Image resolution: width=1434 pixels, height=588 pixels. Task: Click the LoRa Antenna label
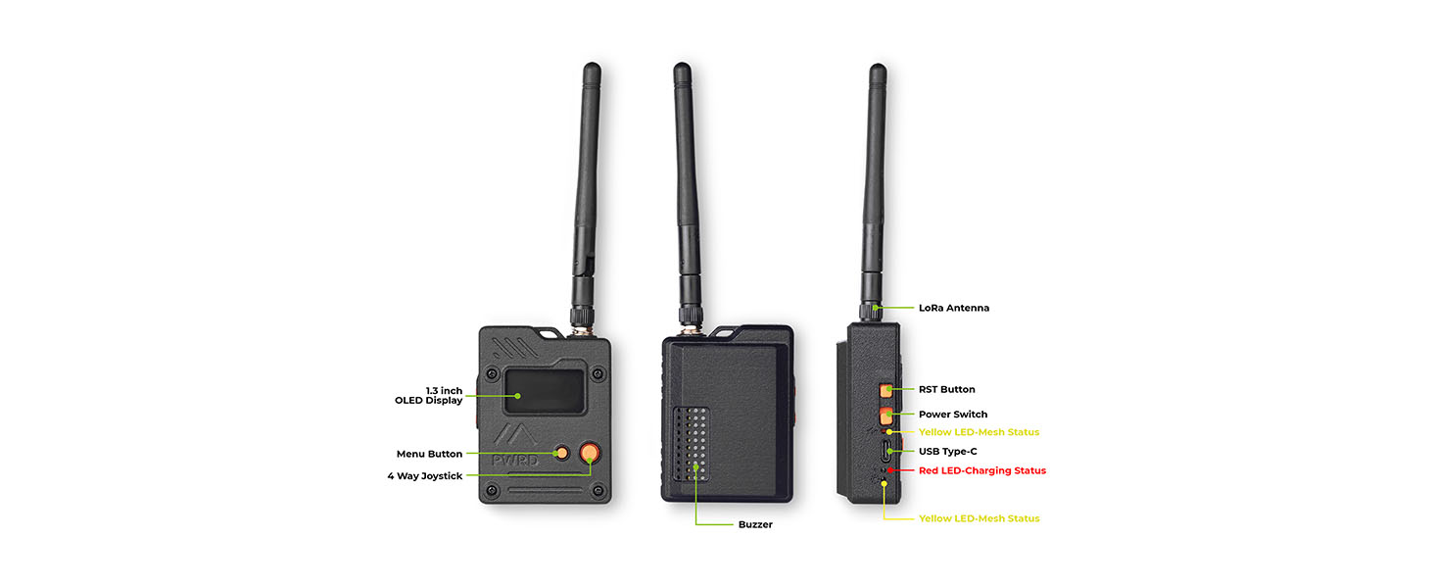click(x=953, y=308)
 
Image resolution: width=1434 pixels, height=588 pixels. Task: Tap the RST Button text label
click(x=946, y=389)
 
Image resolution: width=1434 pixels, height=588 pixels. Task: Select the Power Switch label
click(x=953, y=415)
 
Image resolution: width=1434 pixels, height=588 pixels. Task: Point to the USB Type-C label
click(x=947, y=452)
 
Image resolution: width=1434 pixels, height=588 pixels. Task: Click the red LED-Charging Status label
click(x=982, y=470)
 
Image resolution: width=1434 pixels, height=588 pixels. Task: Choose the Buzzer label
click(x=755, y=524)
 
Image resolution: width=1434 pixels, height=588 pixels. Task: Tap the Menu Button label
click(x=429, y=454)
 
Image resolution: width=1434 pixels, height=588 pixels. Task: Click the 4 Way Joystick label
click(x=424, y=476)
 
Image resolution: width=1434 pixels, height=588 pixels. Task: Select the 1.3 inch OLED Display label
click(x=428, y=395)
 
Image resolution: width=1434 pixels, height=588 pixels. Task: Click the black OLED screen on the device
click(x=545, y=391)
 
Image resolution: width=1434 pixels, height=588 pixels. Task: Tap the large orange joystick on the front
click(x=590, y=453)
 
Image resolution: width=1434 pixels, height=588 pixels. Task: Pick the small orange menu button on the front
click(x=562, y=453)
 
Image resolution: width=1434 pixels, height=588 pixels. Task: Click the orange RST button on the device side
click(x=885, y=390)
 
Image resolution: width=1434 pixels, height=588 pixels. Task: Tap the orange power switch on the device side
click(x=886, y=416)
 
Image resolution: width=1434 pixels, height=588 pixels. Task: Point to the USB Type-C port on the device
click(x=885, y=452)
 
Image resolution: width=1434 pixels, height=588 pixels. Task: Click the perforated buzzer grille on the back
click(x=692, y=444)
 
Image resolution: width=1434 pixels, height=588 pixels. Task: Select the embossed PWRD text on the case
click(x=515, y=461)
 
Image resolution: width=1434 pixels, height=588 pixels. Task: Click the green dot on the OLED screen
click(x=518, y=396)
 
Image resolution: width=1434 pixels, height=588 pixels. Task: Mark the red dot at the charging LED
click(x=889, y=470)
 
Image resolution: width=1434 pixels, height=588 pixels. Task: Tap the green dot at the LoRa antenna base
click(x=875, y=308)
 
